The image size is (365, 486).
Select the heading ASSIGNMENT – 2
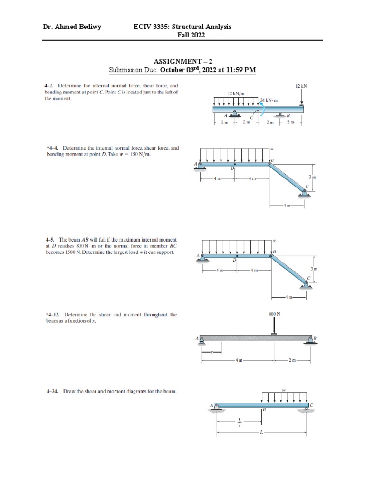coord(182,62)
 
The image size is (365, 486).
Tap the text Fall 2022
coord(182,35)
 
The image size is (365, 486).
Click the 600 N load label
coord(274,314)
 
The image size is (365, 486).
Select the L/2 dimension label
coord(240,421)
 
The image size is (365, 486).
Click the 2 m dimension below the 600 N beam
coord(292,361)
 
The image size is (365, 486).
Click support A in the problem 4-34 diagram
coord(216,407)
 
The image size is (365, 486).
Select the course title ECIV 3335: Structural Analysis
coord(182,27)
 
